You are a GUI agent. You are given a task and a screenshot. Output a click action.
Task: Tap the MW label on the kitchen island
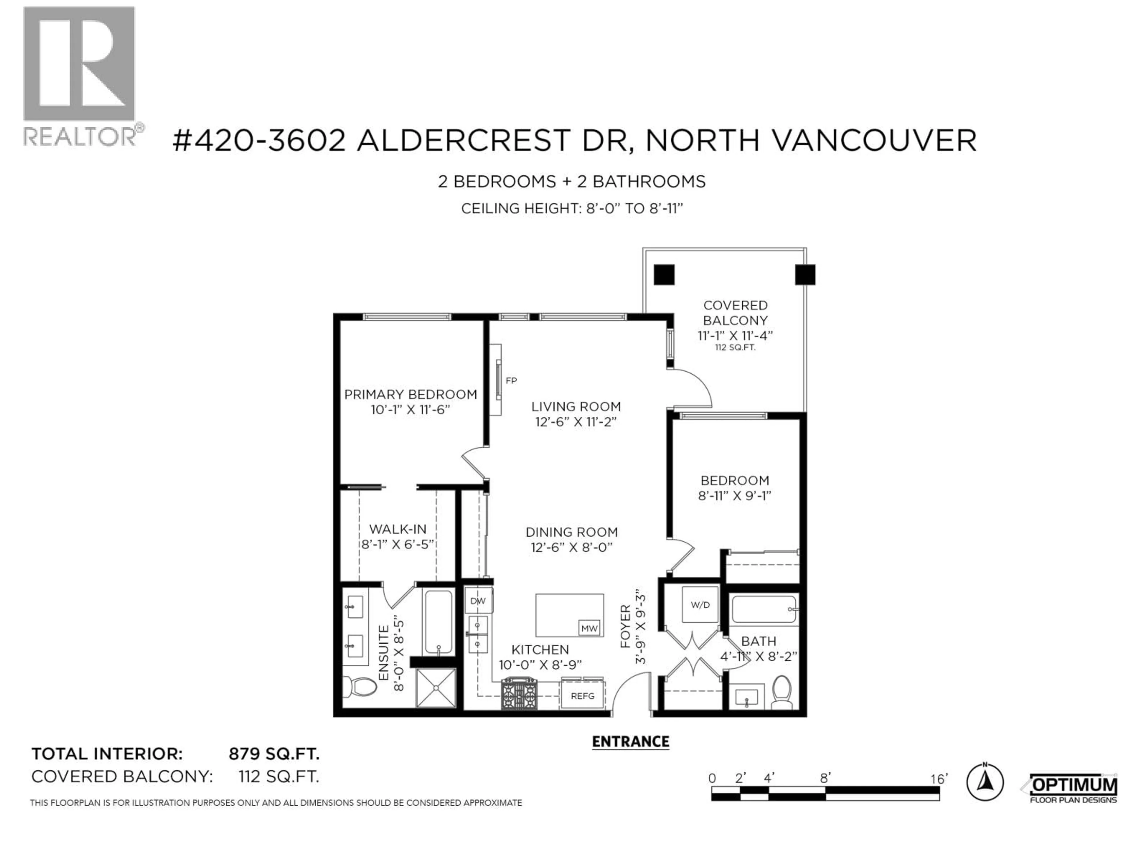[589, 628]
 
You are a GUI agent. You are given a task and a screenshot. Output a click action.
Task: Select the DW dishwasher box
[477, 601]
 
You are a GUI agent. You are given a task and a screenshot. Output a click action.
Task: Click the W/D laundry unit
[700, 604]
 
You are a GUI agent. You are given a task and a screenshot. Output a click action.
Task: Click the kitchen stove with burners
[519, 694]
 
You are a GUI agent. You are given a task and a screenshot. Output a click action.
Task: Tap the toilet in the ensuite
[362, 687]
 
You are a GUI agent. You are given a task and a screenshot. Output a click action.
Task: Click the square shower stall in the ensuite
[436, 688]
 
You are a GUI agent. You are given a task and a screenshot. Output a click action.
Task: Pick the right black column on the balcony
[805, 274]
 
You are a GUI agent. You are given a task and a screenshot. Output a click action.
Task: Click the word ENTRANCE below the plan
[631, 742]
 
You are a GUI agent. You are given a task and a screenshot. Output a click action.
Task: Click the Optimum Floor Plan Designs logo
[1072, 789]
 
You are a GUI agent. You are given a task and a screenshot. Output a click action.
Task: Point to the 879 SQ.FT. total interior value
[274, 754]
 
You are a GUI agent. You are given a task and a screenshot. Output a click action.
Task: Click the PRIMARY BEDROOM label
[410, 394]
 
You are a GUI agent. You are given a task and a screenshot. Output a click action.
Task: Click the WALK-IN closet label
[398, 529]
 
